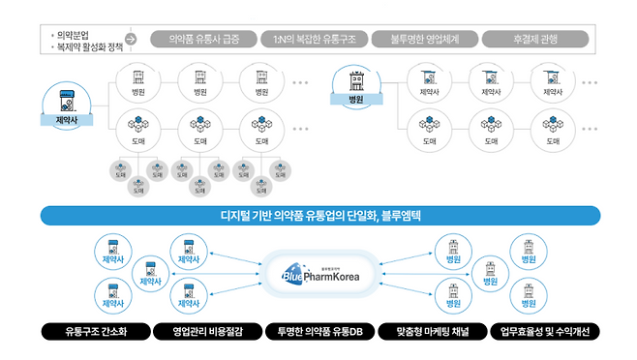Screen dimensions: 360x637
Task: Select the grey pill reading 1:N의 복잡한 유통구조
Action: click(x=314, y=40)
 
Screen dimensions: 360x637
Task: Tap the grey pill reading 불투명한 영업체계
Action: click(x=424, y=40)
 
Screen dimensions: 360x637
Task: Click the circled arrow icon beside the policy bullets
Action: click(x=131, y=40)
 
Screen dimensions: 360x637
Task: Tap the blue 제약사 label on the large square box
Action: click(x=66, y=122)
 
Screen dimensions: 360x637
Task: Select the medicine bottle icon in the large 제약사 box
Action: click(x=66, y=101)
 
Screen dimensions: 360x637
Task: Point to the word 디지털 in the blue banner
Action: click(x=222, y=216)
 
